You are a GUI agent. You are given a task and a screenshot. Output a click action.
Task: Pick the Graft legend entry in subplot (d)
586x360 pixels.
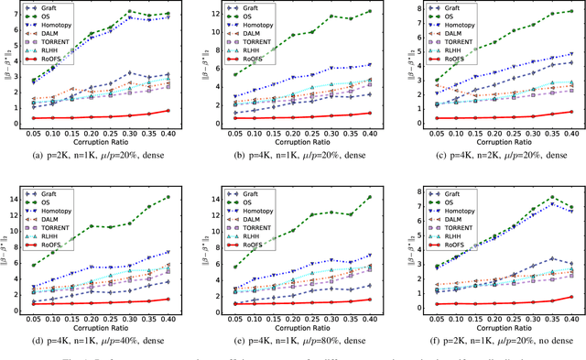(67, 193)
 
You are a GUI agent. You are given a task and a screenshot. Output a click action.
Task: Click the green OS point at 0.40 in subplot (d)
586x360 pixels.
(179, 197)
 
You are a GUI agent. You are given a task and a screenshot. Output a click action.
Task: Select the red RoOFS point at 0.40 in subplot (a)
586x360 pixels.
(179, 111)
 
